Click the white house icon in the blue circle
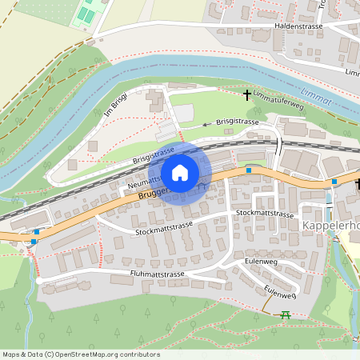point(180,172)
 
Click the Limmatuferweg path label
point(278,104)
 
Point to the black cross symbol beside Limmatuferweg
point(246,94)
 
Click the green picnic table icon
point(285,315)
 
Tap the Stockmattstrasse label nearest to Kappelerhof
point(266,214)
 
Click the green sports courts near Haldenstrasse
point(85,14)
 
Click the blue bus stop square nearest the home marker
point(249,170)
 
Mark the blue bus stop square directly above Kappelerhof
point(334,182)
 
